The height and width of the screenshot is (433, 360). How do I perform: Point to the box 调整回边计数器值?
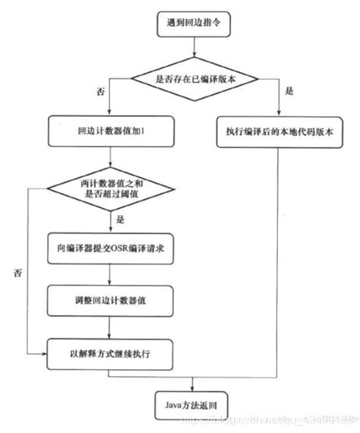click(x=112, y=301)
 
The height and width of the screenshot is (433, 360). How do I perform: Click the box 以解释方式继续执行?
click(x=112, y=353)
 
